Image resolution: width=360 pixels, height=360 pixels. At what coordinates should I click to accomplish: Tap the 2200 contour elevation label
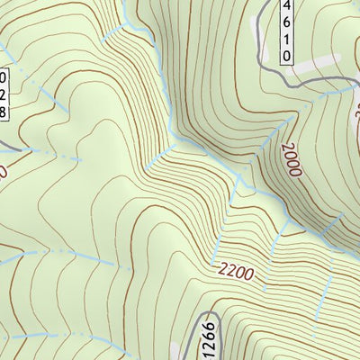click(x=236, y=270)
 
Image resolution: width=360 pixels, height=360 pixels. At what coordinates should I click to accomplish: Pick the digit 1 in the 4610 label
click(x=286, y=39)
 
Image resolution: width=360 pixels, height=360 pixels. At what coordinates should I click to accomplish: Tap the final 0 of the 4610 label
click(x=286, y=56)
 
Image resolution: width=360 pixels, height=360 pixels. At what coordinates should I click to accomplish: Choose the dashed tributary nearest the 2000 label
click(x=238, y=189)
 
